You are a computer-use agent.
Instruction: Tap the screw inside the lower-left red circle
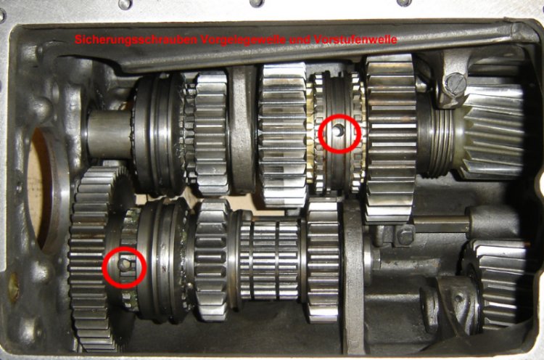125,266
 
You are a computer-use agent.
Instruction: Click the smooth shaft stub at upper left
107,134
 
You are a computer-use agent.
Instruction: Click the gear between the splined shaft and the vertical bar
321,261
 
